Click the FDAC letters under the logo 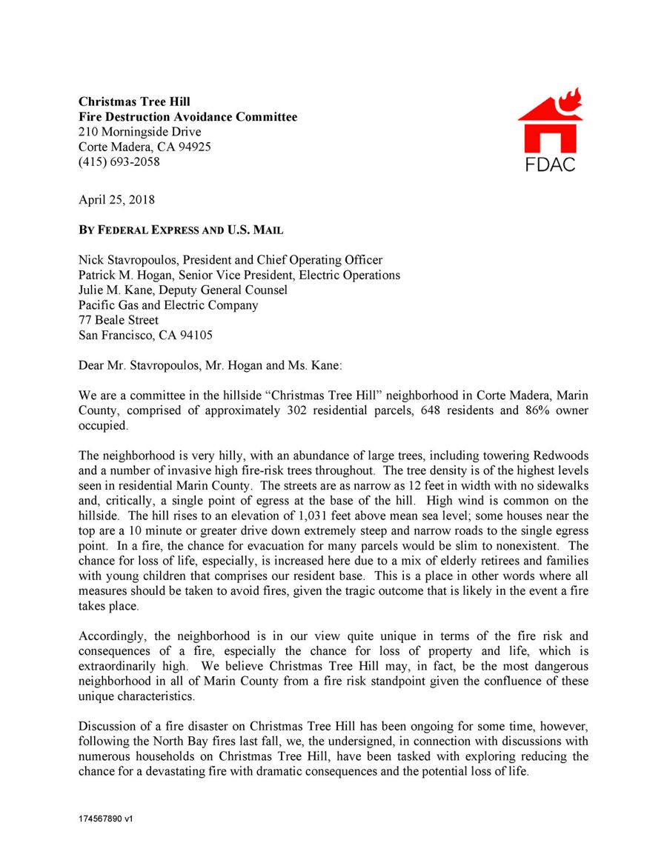(550, 164)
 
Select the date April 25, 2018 (116, 199)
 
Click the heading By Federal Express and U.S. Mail (181, 230)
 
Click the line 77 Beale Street (119, 320)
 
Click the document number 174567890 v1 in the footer (105, 819)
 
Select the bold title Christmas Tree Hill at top (134, 101)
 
